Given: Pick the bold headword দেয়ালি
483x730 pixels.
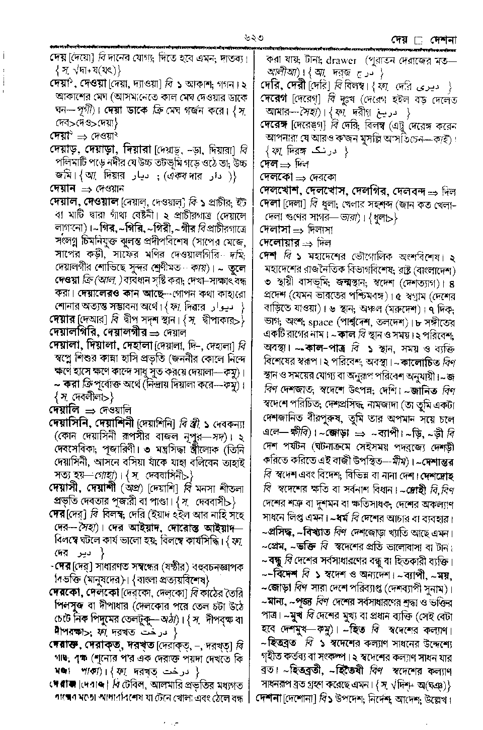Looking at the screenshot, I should (63, 410).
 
